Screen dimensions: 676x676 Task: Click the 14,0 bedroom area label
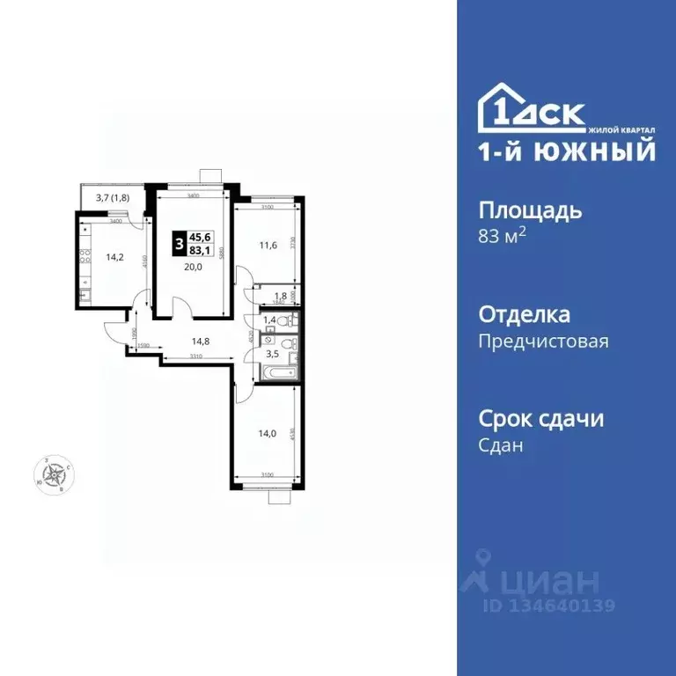click(268, 433)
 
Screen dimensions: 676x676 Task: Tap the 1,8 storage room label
click(280, 296)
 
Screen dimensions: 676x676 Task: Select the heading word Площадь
click(530, 211)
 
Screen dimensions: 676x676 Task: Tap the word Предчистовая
click(543, 342)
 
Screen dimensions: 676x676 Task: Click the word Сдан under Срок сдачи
click(501, 445)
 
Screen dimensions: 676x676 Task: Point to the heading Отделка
click(524, 315)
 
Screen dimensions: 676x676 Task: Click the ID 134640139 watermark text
click(547, 606)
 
